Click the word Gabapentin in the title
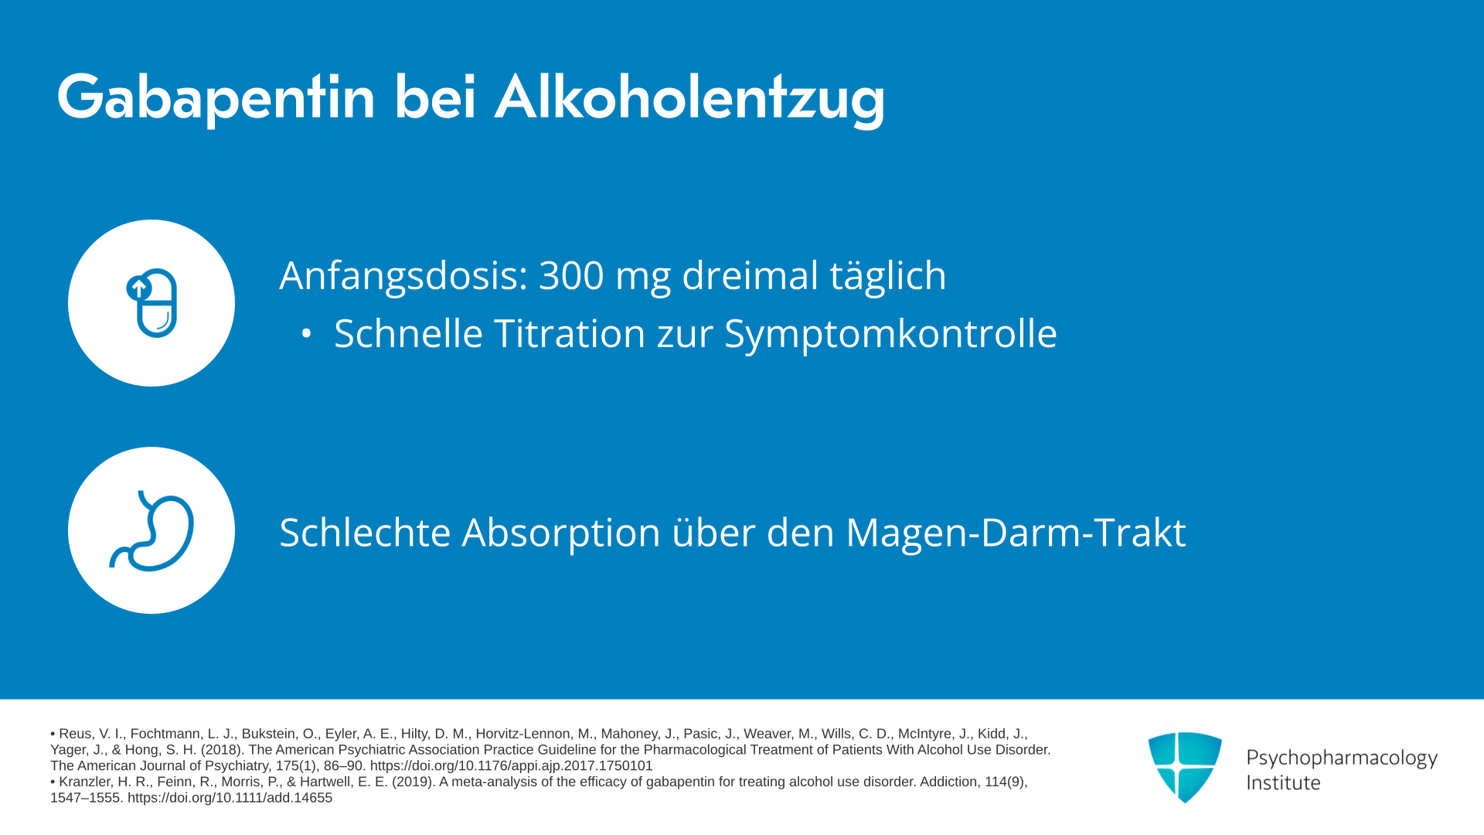pyautogui.click(x=216, y=98)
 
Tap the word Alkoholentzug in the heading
pyautogui.click(x=689, y=98)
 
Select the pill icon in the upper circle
pyautogui.click(x=151, y=303)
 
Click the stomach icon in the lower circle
pyautogui.click(x=151, y=530)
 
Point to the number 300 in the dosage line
pyautogui.click(x=571, y=275)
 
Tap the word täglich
pyautogui.click(x=888, y=276)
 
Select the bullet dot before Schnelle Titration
pyautogui.click(x=307, y=334)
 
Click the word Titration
pyautogui.click(x=570, y=333)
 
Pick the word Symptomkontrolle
pyautogui.click(x=890, y=334)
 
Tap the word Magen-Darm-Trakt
pyautogui.click(x=1016, y=533)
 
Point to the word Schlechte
pyautogui.click(x=365, y=533)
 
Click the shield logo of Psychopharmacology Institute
pyautogui.click(x=1185, y=767)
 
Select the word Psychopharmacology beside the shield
pyautogui.click(x=1342, y=758)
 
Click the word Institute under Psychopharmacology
pyautogui.click(x=1283, y=782)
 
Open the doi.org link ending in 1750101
pyautogui.click(x=512, y=766)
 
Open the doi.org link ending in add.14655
pyautogui.click(x=230, y=798)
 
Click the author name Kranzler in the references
pyautogui.click(x=83, y=782)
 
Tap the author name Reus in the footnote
pyautogui.click(x=75, y=734)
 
